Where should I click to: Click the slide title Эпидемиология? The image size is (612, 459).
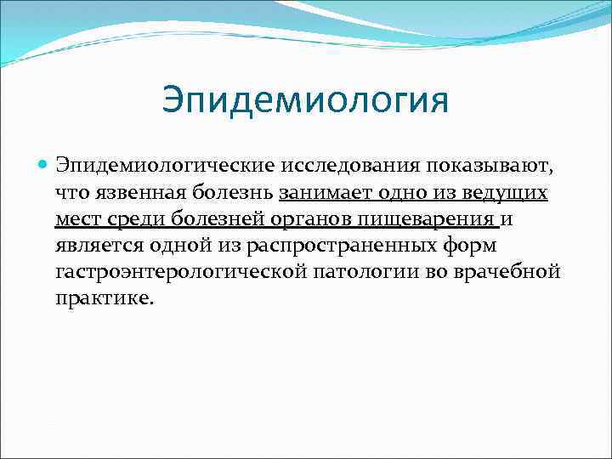coord(305,99)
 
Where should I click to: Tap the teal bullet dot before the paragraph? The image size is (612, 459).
coord(43,163)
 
